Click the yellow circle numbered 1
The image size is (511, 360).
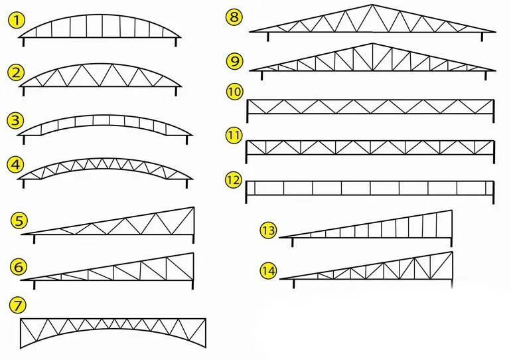[16, 21]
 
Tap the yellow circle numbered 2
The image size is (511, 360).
[16, 72]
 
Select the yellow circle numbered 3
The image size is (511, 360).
[16, 121]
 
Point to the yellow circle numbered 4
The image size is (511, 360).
[16, 163]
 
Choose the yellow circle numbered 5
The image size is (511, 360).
[19, 220]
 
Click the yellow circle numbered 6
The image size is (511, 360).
[19, 267]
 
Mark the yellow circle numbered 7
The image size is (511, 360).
[18, 306]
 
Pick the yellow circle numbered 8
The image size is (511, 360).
[234, 17]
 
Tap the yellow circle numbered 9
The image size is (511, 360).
[234, 62]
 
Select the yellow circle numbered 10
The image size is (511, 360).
[234, 92]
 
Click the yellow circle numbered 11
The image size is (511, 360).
[234, 135]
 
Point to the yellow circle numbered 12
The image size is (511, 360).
[233, 179]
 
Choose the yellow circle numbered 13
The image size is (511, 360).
[268, 230]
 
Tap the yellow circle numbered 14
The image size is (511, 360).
[268, 271]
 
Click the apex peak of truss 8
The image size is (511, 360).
[372, 5]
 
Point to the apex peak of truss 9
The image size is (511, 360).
[372, 45]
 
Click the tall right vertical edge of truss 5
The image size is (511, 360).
[194, 223]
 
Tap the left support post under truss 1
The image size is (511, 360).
[25, 43]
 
